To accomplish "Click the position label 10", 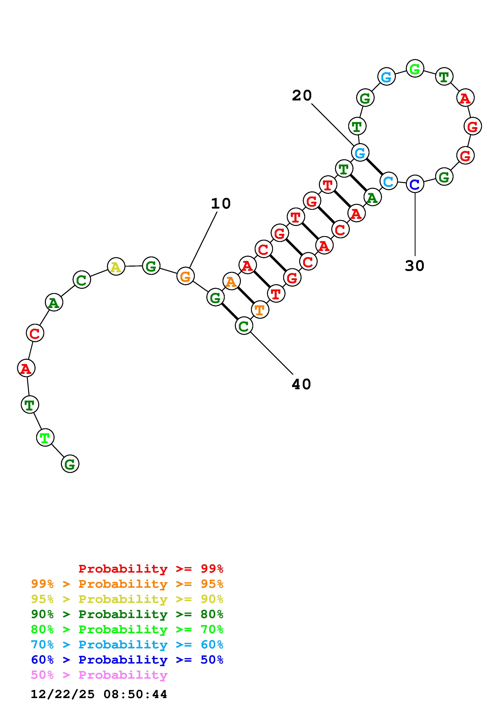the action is click(x=221, y=204).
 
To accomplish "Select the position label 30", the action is click(x=414, y=266).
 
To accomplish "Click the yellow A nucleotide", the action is click(x=116, y=267).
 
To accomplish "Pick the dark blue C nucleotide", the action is click(x=415, y=184).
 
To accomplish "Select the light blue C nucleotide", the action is click(x=388, y=181).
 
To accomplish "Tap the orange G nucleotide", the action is click(x=185, y=276).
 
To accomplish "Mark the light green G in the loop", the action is click(x=415, y=69).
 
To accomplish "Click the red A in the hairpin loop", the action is click(x=465, y=98).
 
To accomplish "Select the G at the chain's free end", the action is click(x=70, y=464).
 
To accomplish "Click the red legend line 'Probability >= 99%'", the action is click(x=151, y=569).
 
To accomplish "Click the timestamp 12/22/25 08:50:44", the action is click(x=99, y=694).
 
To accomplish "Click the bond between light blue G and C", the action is click(x=374, y=167).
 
